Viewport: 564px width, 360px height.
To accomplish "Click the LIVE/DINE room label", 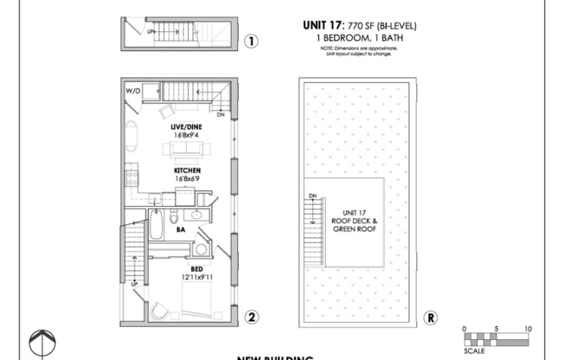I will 187,126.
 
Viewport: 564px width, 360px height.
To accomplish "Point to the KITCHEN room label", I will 187,170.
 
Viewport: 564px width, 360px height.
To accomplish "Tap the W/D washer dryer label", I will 133,89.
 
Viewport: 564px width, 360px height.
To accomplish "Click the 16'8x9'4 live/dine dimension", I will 187,135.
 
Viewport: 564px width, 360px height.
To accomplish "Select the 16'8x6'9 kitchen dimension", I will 187,179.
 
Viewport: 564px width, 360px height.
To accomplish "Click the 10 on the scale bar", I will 527,329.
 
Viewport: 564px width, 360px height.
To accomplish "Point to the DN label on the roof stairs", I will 312,196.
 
